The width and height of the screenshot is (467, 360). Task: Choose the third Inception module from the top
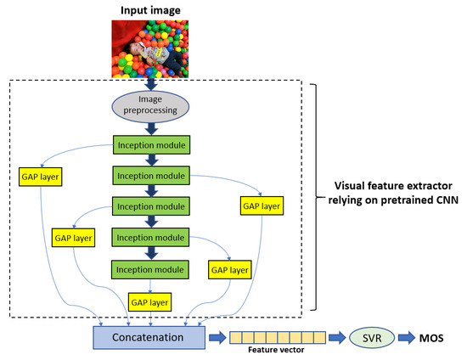click(149, 206)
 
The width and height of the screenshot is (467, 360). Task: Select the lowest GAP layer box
click(149, 301)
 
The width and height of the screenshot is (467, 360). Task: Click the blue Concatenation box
click(149, 336)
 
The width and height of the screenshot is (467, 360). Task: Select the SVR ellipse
click(371, 336)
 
